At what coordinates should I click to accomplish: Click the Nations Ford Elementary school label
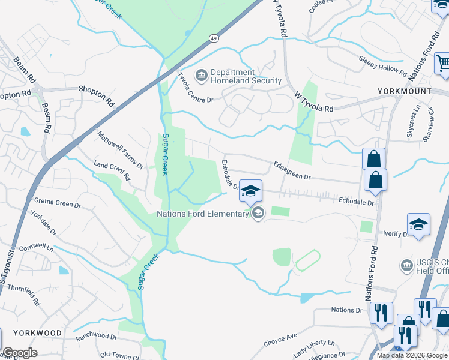202,214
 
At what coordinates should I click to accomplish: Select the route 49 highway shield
214,38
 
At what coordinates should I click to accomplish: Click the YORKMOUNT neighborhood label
404,91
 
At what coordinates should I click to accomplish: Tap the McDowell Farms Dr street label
120,149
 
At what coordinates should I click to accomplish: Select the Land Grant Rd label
112,170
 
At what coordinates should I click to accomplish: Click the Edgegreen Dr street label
292,169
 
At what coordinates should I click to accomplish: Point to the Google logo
20,353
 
